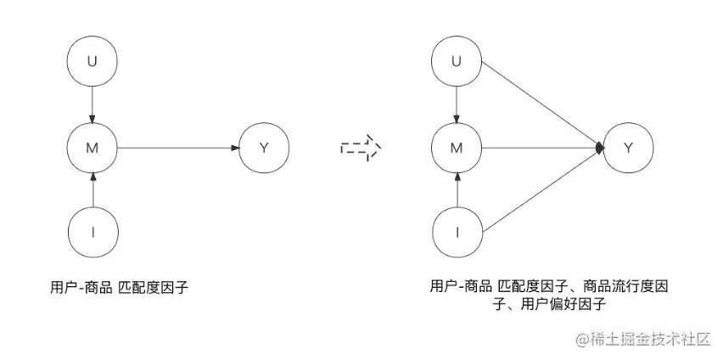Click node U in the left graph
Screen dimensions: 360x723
(x=92, y=62)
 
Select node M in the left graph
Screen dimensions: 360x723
(x=92, y=148)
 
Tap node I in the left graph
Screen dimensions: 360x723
(x=92, y=232)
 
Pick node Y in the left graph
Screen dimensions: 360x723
(x=264, y=148)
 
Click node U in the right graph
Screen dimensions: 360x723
(x=457, y=62)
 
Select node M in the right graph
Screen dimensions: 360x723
(x=457, y=148)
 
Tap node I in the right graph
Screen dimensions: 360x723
(x=457, y=232)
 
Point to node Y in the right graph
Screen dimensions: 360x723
(x=628, y=148)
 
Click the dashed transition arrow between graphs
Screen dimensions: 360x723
(x=361, y=148)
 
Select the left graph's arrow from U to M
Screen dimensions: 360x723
(x=92, y=104)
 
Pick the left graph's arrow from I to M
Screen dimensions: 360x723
(x=92, y=189)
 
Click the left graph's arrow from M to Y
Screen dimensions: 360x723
(x=178, y=148)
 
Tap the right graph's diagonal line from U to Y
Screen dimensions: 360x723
(x=543, y=105)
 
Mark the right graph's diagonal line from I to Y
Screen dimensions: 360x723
(x=543, y=190)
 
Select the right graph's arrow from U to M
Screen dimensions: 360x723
(x=457, y=104)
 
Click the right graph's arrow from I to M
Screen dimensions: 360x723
(x=457, y=189)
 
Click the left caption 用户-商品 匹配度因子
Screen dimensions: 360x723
(x=119, y=287)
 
